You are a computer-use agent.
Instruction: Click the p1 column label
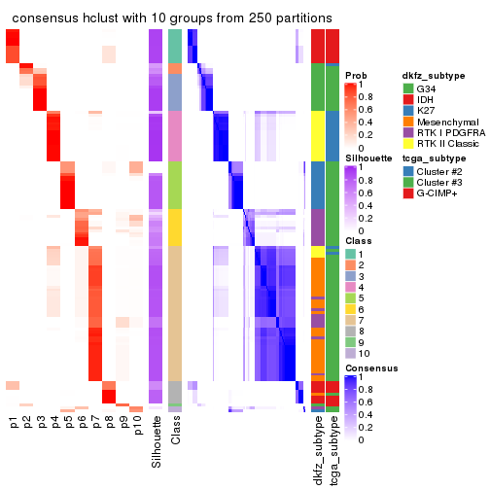point(13,425)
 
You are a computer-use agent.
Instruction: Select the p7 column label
point(95,425)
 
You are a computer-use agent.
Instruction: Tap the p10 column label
point(137,428)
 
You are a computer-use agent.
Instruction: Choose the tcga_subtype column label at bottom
point(333,450)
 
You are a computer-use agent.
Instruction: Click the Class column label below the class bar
point(175,435)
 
